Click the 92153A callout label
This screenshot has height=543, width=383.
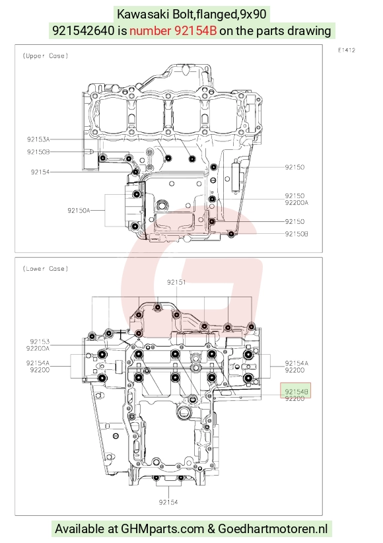38,139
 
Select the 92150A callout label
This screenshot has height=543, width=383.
79,210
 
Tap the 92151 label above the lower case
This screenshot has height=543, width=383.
176,282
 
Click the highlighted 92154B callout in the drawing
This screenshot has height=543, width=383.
296,391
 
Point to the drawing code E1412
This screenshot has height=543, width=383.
347,50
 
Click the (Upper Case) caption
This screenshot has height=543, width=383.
46,55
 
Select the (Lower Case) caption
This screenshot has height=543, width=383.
46,269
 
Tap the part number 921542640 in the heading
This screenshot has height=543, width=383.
83,31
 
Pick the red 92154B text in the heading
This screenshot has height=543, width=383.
195,31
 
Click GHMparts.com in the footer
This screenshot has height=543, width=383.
162,529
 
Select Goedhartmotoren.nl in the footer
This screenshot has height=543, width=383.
273,529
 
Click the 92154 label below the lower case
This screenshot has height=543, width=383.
168,502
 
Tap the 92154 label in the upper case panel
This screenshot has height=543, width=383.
40,172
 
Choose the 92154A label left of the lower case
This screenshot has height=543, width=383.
38,363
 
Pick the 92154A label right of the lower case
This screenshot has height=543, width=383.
296,363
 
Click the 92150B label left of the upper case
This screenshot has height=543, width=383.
38,152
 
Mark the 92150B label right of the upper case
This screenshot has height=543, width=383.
296,234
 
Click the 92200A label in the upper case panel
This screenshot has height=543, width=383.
296,203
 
